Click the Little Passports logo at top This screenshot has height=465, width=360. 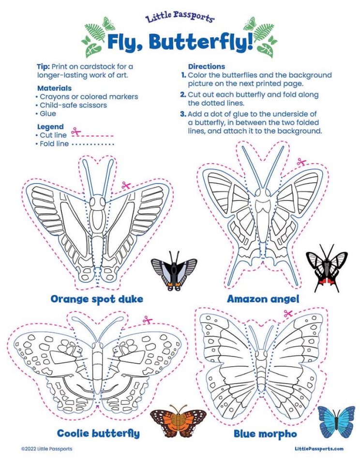(x=180, y=18)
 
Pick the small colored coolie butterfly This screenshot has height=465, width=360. (x=178, y=421)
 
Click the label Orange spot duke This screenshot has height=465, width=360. (x=97, y=299)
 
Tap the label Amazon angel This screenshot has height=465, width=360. (x=263, y=299)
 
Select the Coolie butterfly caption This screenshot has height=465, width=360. (x=98, y=433)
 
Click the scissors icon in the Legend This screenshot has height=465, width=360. (x=75, y=131)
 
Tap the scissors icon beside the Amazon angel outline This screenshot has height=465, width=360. (x=302, y=162)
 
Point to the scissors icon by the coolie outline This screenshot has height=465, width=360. (x=147, y=320)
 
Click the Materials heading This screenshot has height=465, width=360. (x=54, y=88)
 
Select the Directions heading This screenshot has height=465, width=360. (x=206, y=66)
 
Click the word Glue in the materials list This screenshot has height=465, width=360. (x=48, y=113)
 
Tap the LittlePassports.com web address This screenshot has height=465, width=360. (x=319, y=449)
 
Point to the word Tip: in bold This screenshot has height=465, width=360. (x=44, y=66)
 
